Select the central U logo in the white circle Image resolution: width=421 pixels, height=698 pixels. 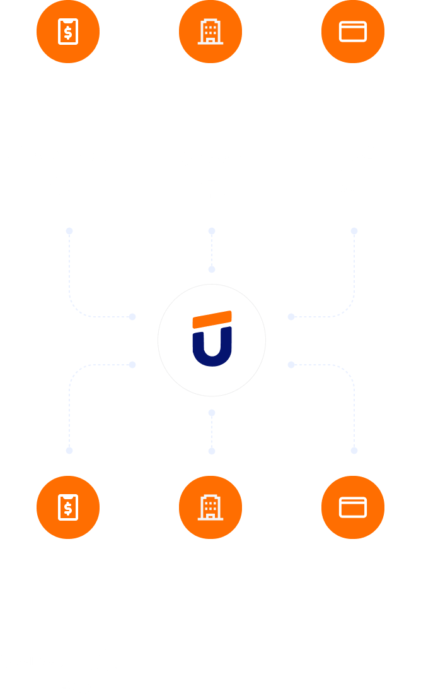point(212,339)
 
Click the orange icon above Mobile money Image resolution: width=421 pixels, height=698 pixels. point(68,32)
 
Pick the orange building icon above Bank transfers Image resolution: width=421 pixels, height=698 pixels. point(211,32)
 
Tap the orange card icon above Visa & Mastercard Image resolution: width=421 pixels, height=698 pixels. point(353,32)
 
